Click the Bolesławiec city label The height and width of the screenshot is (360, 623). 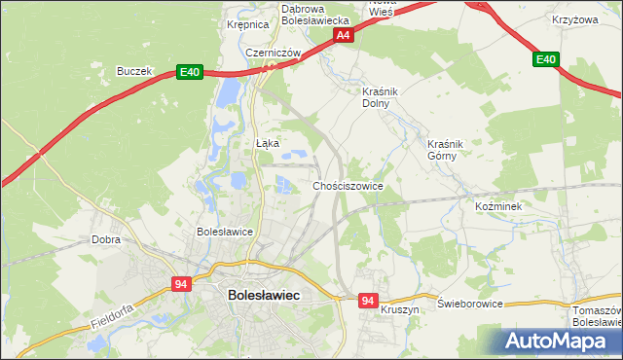click(x=262, y=294)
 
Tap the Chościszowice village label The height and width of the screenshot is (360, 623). click(x=348, y=186)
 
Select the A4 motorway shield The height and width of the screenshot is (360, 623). click(x=343, y=35)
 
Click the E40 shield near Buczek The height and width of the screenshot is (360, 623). click(x=190, y=72)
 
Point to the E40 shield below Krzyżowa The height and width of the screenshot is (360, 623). click(x=546, y=60)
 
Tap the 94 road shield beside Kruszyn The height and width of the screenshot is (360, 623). click(x=367, y=302)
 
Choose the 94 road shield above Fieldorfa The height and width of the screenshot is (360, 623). click(x=181, y=284)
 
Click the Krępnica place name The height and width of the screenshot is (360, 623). click(x=247, y=25)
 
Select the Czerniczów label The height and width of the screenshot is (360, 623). click(x=271, y=53)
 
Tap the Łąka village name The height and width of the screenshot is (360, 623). click(x=268, y=143)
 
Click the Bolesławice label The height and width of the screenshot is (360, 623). click(x=225, y=233)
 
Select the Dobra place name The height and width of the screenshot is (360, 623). click(x=105, y=238)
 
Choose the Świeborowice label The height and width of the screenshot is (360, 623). click(x=470, y=304)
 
